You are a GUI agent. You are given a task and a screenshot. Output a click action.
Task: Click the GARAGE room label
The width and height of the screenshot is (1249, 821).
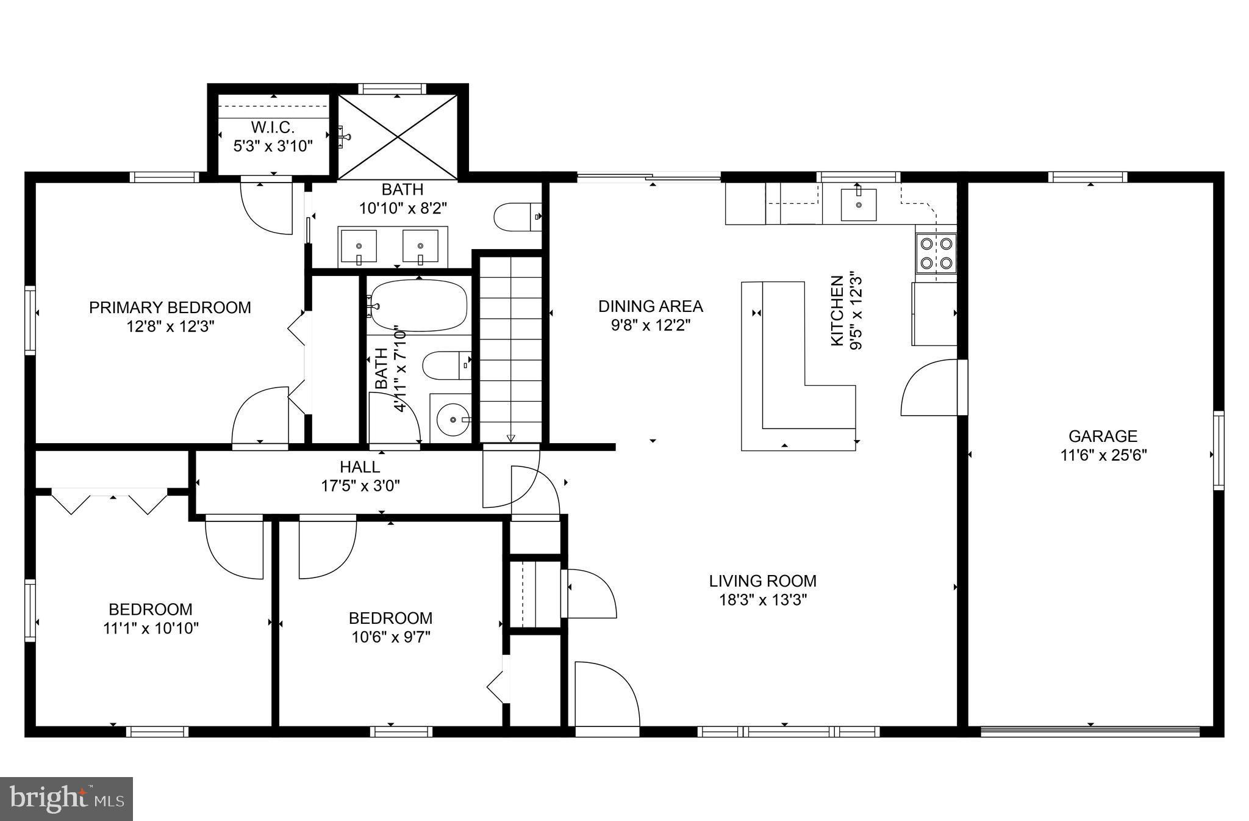tap(1103, 436)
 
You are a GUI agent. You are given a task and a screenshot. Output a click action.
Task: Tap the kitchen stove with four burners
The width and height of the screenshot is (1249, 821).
tap(936, 253)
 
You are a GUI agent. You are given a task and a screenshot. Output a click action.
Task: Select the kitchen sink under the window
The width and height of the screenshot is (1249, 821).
tap(858, 204)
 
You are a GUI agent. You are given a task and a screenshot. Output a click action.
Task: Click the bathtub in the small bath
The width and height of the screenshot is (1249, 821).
tap(418, 305)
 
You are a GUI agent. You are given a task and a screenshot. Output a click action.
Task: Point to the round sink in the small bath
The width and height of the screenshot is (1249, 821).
tap(453, 420)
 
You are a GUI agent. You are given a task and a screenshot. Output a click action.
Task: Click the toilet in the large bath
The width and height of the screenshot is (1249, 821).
tap(516, 217)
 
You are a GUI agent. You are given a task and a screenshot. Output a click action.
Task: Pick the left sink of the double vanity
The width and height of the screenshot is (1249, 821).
tap(358, 246)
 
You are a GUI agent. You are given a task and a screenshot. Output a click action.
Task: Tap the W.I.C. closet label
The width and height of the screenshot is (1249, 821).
tap(273, 128)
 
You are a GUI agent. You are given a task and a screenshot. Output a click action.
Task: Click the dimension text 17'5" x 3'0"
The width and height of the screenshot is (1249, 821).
tap(360, 486)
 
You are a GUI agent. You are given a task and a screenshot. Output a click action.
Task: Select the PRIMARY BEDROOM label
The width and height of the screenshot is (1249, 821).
tap(170, 307)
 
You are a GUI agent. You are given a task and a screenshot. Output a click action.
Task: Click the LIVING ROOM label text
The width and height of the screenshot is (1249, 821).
tap(762, 580)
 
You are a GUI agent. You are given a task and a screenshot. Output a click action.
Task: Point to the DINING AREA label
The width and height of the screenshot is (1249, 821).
tap(650, 306)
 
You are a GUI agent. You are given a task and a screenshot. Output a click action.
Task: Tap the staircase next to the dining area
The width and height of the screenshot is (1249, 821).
tap(510, 348)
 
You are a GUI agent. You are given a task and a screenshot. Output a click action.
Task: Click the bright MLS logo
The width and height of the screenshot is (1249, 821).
tap(66, 799)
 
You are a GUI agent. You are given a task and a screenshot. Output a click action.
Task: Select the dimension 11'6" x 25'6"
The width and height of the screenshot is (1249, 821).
tap(1103, 455)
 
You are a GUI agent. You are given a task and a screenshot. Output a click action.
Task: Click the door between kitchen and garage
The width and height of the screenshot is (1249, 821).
tap(929, 388)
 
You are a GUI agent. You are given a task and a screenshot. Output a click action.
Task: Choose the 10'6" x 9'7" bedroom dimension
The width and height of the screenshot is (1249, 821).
tap(390, 637)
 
